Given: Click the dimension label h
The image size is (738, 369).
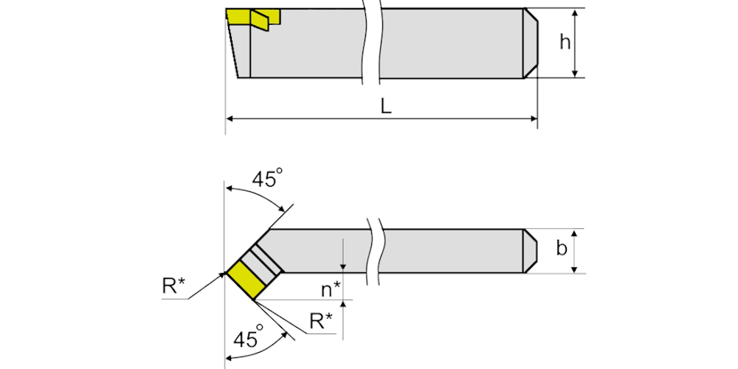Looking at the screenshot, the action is (x=565, y=42).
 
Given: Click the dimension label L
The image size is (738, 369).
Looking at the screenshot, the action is (x=386, y=107).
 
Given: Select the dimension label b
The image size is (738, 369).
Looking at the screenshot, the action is (x=562, y=248).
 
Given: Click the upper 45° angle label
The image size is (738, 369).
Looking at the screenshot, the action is (x=267, y=178).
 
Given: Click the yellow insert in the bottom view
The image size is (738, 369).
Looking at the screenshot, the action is (x=247, y=280).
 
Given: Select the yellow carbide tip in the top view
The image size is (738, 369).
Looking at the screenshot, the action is (x=253, y=18).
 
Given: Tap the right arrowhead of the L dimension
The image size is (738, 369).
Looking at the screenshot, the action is (x=534, y=119).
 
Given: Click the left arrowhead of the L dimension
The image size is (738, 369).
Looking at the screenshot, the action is (x=230, y=119).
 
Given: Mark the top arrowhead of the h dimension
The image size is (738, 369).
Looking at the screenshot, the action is (x=574, y=13).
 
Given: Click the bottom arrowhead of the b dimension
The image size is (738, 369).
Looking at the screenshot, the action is (x=574, y=269).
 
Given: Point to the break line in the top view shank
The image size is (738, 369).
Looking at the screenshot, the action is (x=370, y=42).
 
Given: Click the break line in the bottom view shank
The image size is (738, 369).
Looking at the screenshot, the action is (x=376, y=252).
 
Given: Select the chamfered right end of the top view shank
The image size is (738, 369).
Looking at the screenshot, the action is (x=531, y=43).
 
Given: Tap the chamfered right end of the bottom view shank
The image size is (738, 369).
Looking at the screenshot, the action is (x=531, y=251).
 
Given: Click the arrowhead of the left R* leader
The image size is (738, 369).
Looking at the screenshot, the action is (x=222, y=275).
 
